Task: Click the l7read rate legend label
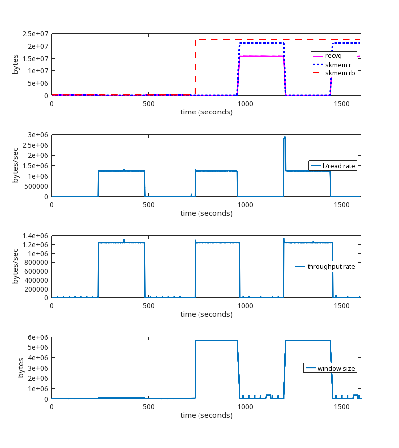coord(339,166)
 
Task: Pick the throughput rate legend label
coord(331,267)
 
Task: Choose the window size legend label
coord(336,368)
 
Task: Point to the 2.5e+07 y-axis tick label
coord(35,34)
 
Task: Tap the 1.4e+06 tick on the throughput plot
coord(35,236)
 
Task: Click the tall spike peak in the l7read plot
coord(285,138)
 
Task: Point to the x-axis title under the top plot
coord(206,112)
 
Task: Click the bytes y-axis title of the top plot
coord(16,65)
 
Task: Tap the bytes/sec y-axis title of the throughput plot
coord(16,267)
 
